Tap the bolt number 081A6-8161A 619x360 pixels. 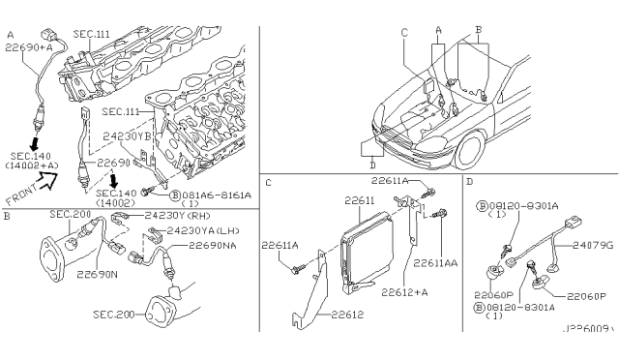(205, 194)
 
